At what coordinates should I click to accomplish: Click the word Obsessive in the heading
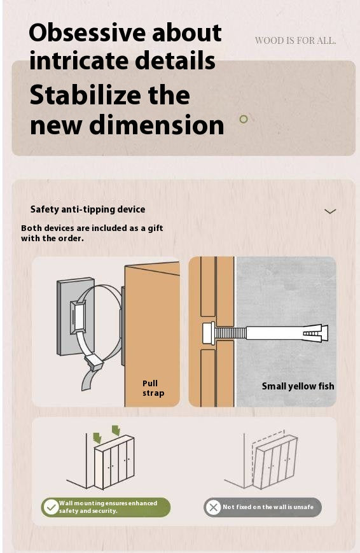[87, 32]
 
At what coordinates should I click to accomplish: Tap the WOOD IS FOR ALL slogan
[295, 41]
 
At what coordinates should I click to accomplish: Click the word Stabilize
[85, 95]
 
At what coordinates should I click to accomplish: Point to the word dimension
[156, 125]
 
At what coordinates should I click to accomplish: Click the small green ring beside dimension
[244, 119]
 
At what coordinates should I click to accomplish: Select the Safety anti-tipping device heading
[88, 209]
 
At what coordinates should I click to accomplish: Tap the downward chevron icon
[330, 211]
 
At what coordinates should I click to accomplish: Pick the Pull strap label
[153, 388]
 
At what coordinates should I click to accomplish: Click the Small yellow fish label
[298, 386]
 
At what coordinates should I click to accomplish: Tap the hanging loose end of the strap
[88, 379]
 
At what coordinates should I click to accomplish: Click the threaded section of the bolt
[231, 333]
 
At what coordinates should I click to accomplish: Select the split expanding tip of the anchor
[315, 333]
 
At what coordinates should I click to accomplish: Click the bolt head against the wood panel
[209, 333]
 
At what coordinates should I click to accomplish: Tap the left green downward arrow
[97, 438]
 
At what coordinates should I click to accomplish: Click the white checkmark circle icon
[52, 507]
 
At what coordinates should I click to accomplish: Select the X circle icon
[213, 508]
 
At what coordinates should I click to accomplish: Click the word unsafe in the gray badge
[303, 507]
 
